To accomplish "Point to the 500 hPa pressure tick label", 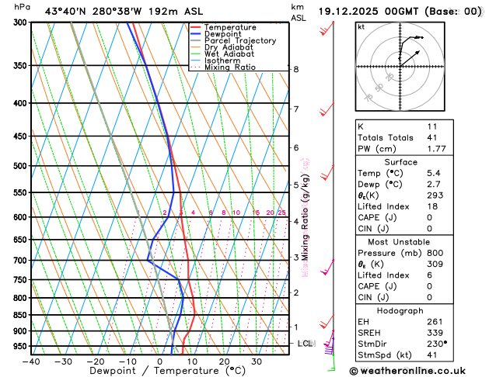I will tap(20, 166).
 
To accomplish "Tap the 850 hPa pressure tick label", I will tap(20, 315).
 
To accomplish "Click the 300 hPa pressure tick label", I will tap(20, 22).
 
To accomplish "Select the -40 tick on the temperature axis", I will tap(31, 361).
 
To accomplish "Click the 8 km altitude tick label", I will tap(295, 69).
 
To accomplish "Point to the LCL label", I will tap(305, 343).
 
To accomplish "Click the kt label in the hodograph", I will tap(361, 26).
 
